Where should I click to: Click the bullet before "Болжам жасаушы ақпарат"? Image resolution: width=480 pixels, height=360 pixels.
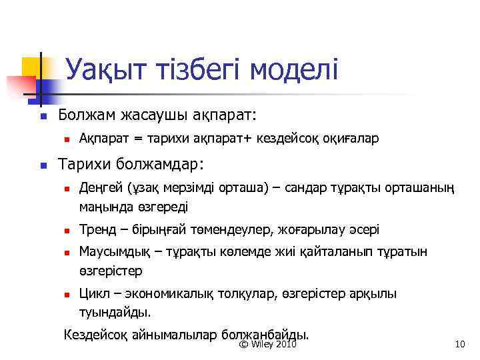tap(41, 116)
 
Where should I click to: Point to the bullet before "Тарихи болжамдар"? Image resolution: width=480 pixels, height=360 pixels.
tap(41, 164)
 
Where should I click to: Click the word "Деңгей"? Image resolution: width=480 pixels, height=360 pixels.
tap(99, 189)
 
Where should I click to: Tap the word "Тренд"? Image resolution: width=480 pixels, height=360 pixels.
tap(96, 230)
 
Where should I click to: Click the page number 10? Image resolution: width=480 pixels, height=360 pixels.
tap(459, 344)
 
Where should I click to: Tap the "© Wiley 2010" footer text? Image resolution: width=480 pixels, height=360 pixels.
tap(267, 344)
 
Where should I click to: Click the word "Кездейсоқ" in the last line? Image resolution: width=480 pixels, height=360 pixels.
tap(93, 334)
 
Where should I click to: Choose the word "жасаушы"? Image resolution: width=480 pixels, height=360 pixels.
tap(154, 115)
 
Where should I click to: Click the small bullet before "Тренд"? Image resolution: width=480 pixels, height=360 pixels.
tap(67, 231)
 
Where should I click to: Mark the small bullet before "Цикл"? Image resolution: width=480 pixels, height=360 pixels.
tap(67, 294)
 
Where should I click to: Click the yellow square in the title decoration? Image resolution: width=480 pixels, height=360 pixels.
tap(33, 67)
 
